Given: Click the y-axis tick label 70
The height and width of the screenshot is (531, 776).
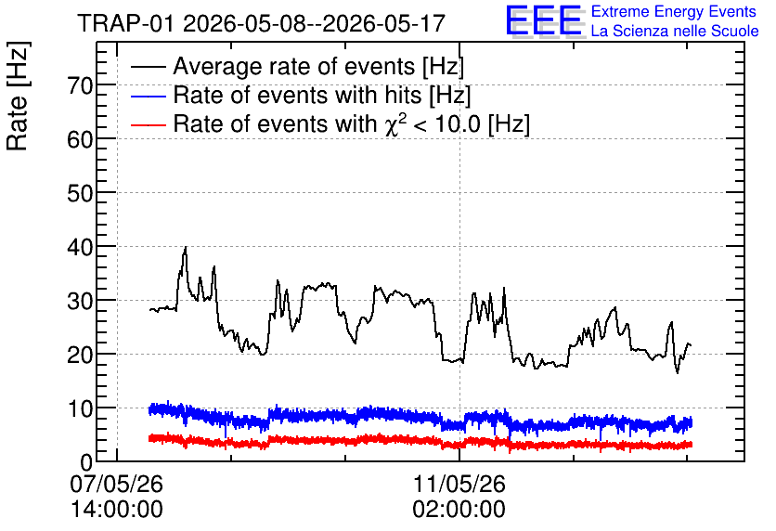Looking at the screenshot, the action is (80, 86).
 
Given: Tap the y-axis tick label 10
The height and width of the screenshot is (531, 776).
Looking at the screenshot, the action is (80, 409).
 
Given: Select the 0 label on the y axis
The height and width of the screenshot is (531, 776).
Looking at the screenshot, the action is (86, 462).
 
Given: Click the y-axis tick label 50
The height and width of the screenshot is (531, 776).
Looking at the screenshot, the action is (80, 193).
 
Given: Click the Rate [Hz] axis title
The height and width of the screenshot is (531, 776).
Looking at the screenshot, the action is (18, 96).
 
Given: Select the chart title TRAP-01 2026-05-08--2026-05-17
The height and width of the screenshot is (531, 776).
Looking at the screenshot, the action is (262, 24).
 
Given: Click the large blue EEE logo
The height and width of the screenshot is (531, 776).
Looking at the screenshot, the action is (544, 20).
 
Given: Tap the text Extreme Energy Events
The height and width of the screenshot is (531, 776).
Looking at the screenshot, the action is (674, 11).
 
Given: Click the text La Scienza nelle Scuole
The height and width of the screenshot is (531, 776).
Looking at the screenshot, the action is (675, 31).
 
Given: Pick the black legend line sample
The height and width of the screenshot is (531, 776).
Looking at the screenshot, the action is (148, 67).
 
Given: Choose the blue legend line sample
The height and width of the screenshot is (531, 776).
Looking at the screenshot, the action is (148, 96).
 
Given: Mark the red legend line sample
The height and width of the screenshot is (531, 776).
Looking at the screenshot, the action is (148, 124).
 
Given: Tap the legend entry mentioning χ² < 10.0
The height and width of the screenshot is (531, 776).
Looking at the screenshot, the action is (352, 123).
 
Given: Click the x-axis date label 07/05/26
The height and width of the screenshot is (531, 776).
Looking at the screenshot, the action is (116, 484).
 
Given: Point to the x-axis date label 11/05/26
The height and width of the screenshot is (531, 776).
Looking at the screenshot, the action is (459, 484).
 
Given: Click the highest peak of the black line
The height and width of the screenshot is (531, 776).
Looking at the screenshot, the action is (186, 247).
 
